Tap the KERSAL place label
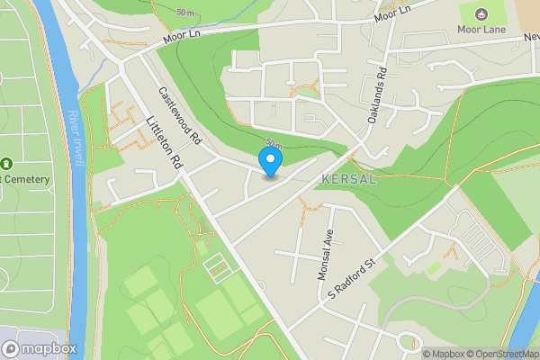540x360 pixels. pyautogui.click(x=347, y=179)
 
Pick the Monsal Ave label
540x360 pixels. pyautogui.click(x=326, y=255)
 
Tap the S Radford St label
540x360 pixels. pyautogui.click(x=350, y=280)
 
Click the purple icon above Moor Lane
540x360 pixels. pyautogui.click(x=480, y=13)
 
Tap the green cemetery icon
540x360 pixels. pyautogui.click(x=6, y=164)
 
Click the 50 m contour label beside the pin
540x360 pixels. pyautogui.click(x=274, y=144)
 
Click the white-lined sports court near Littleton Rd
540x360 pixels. pyautogui.click(x=217, y=266)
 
